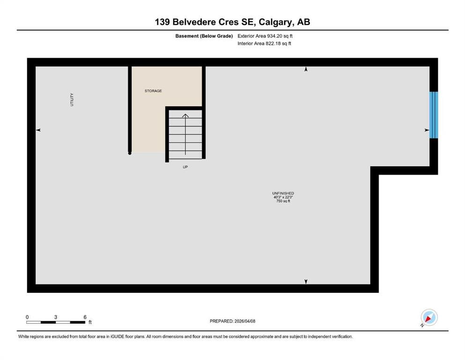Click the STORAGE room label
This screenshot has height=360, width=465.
pos(153,91)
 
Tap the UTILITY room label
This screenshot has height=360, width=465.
pos(72,100)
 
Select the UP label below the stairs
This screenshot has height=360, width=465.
pos(185,167)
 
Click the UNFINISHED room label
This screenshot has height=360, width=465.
pos(283,193)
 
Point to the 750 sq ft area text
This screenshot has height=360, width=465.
pos(283,201)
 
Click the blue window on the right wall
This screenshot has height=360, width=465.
pos(434,115)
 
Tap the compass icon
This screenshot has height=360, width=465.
pos(429,317)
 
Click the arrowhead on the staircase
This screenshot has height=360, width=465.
pos(185,116)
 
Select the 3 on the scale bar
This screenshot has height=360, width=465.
pos(55,317)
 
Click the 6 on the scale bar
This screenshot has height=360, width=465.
pos(85,317)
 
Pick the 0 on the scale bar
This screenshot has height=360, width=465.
pos(27,317)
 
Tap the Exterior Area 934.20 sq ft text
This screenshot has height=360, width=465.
pos(265,36)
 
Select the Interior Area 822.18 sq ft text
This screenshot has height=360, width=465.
pos(264,43)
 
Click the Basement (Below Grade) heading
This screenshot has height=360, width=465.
pos(204,36)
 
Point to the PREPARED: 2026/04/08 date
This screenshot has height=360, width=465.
pos(232,321)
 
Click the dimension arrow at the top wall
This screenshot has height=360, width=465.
pos(306,69)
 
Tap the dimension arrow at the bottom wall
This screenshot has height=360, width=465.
pos(306,281)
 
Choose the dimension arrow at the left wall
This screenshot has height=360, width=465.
pos(38,130)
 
